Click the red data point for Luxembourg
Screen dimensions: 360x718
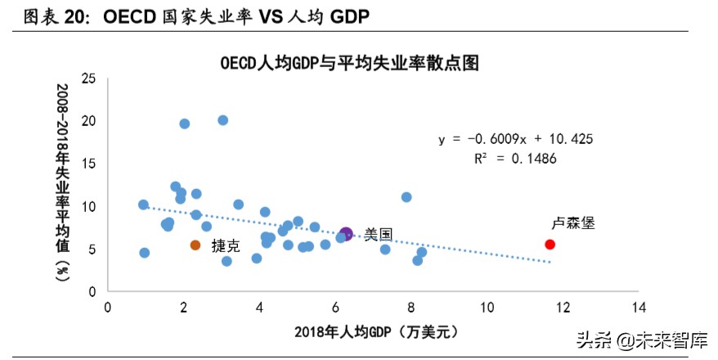click(x=550, y=244)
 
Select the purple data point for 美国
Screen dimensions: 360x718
click(x=346, y=234)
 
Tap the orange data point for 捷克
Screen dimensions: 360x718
click(x=195, y=245)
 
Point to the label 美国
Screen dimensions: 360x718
click(x=378, y=235)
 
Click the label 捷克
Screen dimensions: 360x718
click(x=226, y=245)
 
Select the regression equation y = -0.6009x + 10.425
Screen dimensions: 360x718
click(x=515, y=139)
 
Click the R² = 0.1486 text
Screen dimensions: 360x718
click(x=515, y=159)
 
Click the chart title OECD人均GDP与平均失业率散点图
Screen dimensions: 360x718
click(x=348, y=63)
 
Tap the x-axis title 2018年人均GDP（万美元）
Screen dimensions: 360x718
click(x=373, y=331)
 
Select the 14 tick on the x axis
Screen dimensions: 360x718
click(x=639, y=307)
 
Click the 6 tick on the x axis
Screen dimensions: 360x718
click(x=335, y=307)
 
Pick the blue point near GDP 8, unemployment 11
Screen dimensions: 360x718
click(x=406, y=197)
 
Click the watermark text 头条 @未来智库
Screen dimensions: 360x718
click(x=641, y=339)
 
